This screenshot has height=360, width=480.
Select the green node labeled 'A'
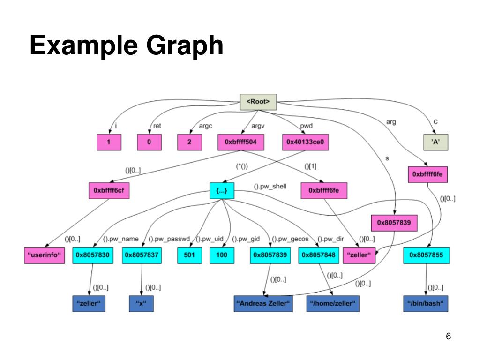(435, 142)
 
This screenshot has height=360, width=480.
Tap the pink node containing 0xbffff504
(240, 142)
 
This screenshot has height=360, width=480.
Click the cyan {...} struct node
(221, 191)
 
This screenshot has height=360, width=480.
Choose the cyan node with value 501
(189, 255)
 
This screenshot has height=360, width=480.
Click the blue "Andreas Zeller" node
(263, 304)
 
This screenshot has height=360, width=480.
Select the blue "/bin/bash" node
(426, 304)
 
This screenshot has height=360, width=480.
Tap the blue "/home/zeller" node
(333, 304)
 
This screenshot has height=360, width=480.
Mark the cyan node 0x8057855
(426, 255)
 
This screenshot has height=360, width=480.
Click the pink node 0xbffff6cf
(109, 191)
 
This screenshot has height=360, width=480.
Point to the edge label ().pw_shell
(270, 186)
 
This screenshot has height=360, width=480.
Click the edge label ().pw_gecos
(291, 239)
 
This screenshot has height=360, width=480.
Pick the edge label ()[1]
(310, 166)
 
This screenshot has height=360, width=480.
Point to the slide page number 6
(449, 337)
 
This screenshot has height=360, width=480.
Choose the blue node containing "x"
(141, 304)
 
